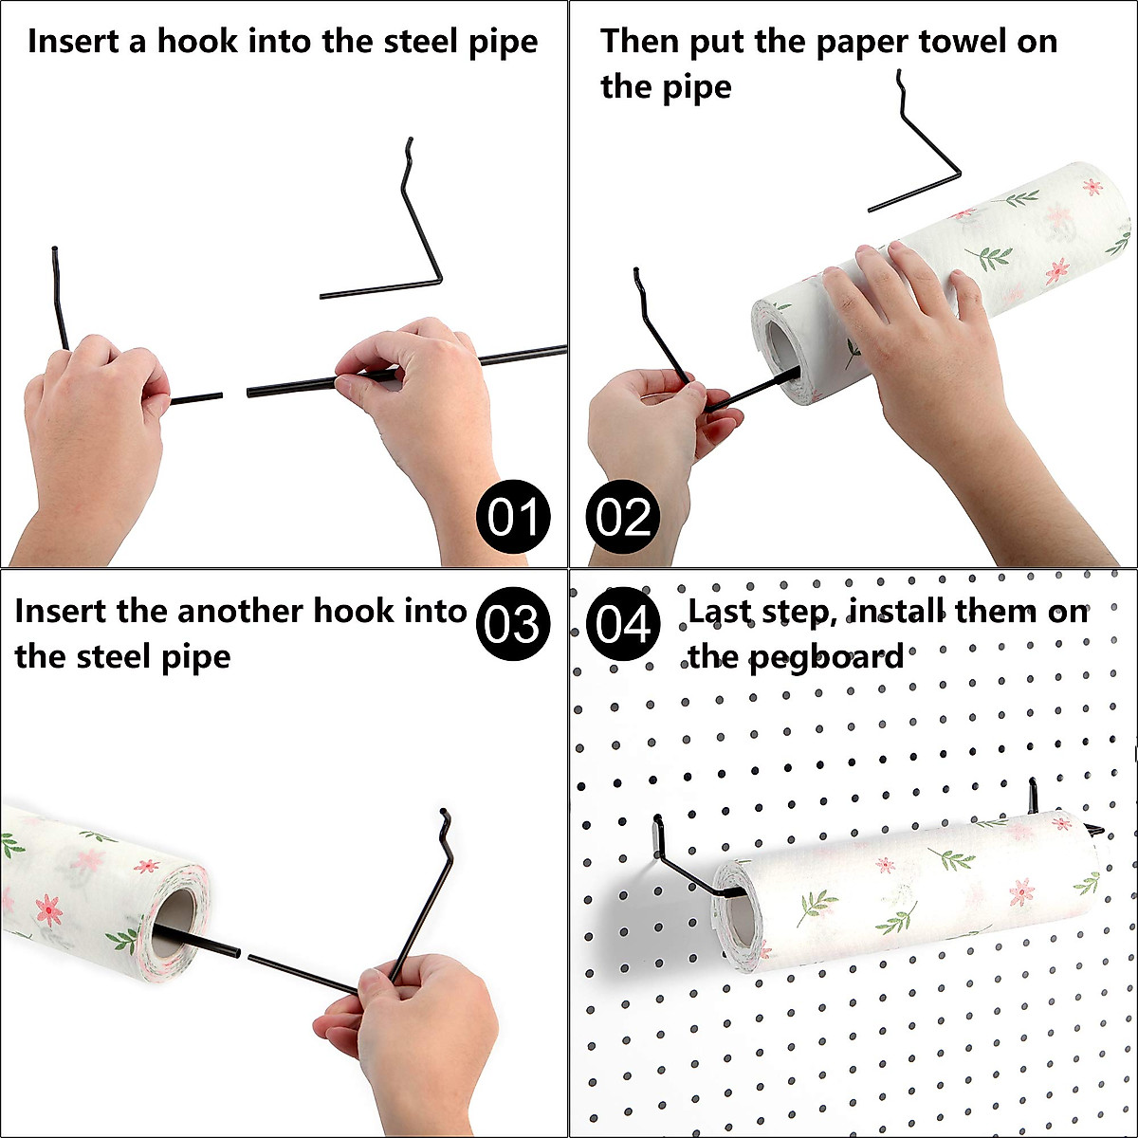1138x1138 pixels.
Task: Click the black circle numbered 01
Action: [x=513, y=518]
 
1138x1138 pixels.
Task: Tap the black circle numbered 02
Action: [x=623, y=518]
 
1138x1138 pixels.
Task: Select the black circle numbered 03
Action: [x=513, y=624]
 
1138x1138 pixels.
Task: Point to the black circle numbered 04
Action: [x=623, y=624]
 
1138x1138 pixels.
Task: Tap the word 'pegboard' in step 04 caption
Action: [x=827, y=656]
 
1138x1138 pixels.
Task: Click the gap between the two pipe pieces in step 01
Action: [x=234, y=394]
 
